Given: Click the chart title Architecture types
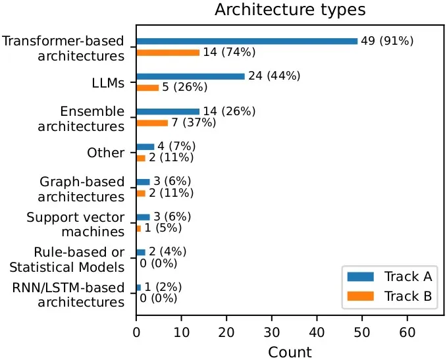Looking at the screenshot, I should click(290, 10).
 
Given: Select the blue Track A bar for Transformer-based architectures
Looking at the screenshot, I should click(246, 41).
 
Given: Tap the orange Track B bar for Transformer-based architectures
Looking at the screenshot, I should click(167, 53).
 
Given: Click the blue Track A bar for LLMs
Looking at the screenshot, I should click(190, 76).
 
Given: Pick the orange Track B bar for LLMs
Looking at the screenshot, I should click(147, 88).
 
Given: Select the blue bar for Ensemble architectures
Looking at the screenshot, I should click(167, 112).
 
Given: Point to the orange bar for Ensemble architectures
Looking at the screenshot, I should click(151, 123).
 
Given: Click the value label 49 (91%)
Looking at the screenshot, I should click(387, 41).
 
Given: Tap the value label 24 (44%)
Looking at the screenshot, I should click(274, 76).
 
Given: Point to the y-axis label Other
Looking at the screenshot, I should click(105, 153).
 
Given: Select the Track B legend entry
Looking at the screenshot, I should click(388, 296).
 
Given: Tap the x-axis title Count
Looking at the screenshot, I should click(290, 351).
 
